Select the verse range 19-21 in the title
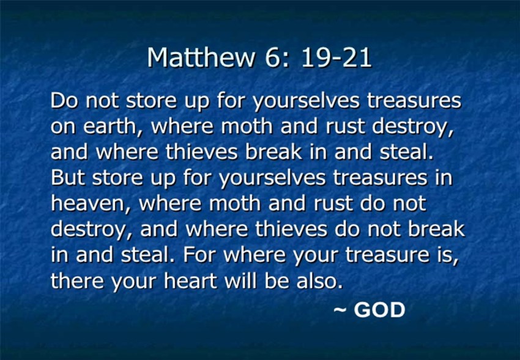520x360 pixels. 336,58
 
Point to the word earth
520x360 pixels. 111,126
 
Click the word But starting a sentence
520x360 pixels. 68,178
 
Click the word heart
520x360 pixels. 190,280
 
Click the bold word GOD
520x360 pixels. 379,310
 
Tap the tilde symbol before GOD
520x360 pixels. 340,310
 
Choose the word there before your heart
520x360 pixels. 77,280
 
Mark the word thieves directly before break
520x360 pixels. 202,152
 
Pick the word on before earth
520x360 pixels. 63,127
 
